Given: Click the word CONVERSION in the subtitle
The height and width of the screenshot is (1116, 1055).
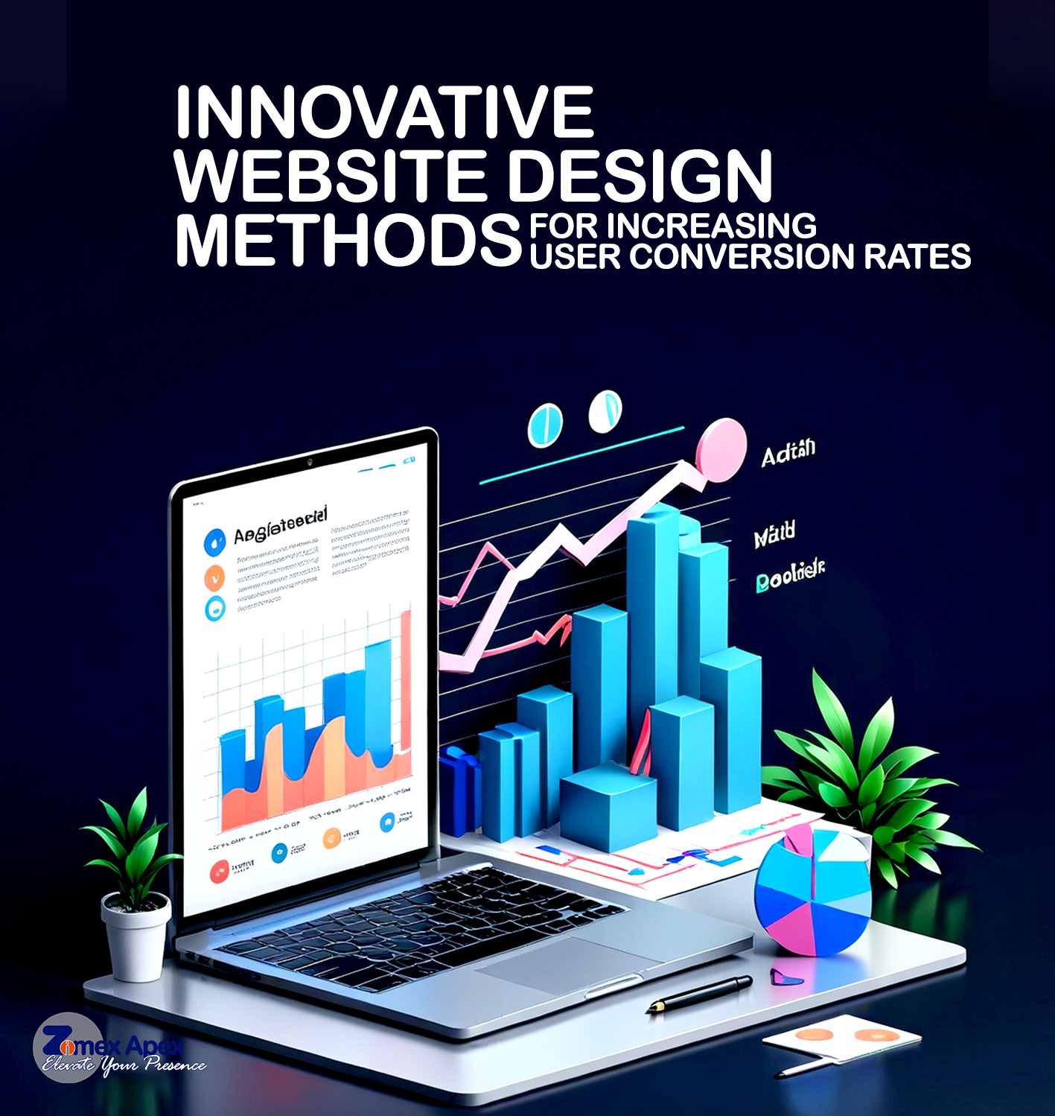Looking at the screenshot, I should (742, 257).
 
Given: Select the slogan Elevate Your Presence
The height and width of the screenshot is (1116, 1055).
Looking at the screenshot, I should (124, 1065).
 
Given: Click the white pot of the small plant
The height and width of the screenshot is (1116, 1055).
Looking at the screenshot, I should (136, 939).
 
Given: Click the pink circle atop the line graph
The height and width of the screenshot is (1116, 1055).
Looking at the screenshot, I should (721, 449).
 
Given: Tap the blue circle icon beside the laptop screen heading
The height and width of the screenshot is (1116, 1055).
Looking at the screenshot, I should (214, 542).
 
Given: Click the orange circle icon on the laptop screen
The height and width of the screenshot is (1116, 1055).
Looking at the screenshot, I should (214, 577).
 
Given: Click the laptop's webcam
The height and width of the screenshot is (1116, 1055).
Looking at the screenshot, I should (309, 463).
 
